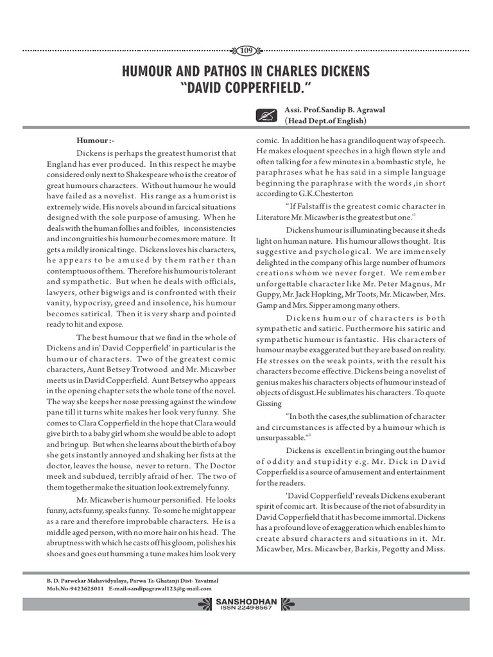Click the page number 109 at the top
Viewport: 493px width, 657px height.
(246, 50)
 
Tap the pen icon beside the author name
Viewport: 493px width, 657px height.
(264, 115)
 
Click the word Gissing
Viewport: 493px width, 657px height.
(269, 404)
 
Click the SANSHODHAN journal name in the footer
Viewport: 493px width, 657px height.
(246, 601)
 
